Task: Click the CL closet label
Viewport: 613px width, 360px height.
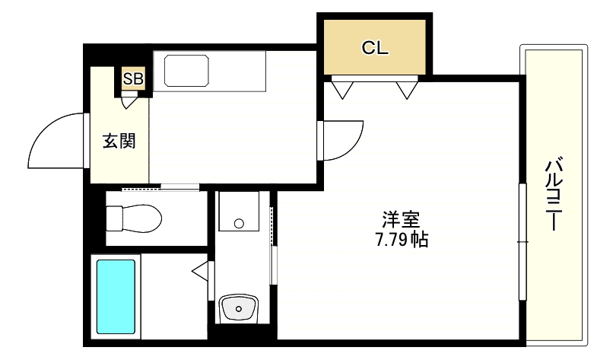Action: coord(375,49)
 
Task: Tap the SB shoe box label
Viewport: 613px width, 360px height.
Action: coord(133,78)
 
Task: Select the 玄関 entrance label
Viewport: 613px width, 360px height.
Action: coord(119,141)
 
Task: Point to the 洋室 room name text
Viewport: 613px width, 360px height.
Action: coord(400,220)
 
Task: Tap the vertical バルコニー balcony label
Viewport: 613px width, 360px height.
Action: coord(554,194)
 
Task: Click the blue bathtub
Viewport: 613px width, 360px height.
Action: coord(116,295)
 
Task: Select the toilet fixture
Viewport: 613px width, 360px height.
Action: coord(134,218)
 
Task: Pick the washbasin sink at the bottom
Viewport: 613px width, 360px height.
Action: coord(240,309)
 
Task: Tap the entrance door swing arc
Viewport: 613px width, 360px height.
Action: coord(53,141)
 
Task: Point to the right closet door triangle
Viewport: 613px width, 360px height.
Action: coord(408,90)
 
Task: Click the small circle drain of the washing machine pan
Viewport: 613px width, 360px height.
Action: coord(239,224)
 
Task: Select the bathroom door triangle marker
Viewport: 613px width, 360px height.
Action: coord(201,269)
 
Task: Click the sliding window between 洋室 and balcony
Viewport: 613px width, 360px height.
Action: coord(522,241)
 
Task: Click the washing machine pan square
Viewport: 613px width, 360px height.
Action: coord(239,210)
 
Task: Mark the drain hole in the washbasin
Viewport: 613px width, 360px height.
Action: coord(240,308)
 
